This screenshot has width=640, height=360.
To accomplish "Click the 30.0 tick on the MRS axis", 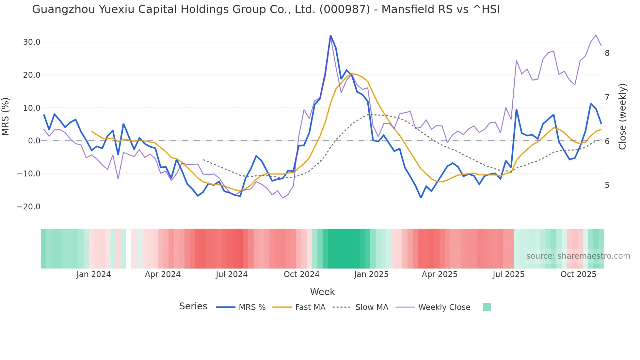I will pyautogui.click(x=32, y=42).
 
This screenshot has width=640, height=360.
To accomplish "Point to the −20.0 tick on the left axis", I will pyautogui.click(x=29, y=207).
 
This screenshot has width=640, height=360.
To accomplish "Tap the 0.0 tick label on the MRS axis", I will pyautogui.click(x=34, y=141).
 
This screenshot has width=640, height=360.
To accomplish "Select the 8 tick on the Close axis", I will pyautogui.click(x=607, y=53).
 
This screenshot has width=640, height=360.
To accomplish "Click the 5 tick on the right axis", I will pyautogui.click(x=607, y=185).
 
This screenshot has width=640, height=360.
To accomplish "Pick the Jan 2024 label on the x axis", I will pyautogui.click(x=94, y=274).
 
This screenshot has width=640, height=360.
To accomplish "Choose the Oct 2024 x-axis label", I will pyautogui.click(x=301, y=274).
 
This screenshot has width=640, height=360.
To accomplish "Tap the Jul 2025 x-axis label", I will pyautogui.click(x=508, y=274).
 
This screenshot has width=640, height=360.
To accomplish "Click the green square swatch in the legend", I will pyautogui.click(x=487, y=307).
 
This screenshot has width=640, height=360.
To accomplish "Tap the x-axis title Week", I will pyautogui.click(x=322, y=292).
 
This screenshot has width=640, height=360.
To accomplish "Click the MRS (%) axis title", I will pyautogui.click(x=6, y=117).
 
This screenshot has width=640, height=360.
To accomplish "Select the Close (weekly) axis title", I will pyautogui.click(x=622, y=117).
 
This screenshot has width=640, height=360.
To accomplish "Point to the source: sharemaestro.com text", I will pyautogui.click(x=578, y=256).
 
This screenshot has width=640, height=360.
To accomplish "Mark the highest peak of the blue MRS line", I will pyautogui.click(x=330, y=36).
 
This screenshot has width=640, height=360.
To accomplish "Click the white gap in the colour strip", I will pyautogui.click(x=129, y=249).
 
